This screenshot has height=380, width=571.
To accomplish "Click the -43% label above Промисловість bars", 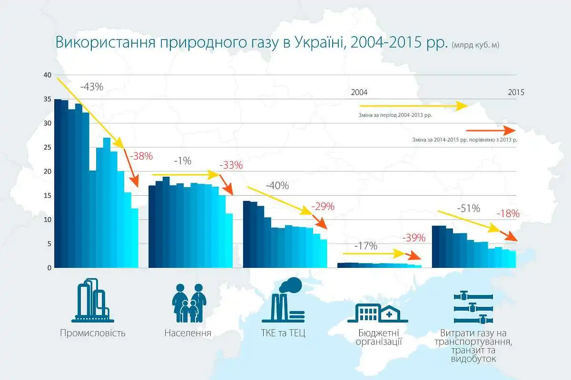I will coord(92,87).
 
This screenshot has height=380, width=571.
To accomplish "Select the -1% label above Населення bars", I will coord(182,161).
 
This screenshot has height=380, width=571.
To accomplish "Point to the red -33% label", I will coord(231,165).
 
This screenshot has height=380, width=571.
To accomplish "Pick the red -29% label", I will coord(323,207).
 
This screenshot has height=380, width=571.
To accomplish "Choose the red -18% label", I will coord(508,214).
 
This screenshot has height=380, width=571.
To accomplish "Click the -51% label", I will coord(468,208).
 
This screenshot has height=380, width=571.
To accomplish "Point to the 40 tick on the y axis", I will coord(47,75).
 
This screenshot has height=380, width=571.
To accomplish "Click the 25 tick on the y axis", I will coord(47,147).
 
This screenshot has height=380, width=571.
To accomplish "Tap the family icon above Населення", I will coord(187,303).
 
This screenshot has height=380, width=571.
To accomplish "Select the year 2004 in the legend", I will coord(359,92).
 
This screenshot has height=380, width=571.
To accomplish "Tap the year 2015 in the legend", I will coord(516,93).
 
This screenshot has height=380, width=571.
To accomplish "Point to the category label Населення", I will coord(187,332).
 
